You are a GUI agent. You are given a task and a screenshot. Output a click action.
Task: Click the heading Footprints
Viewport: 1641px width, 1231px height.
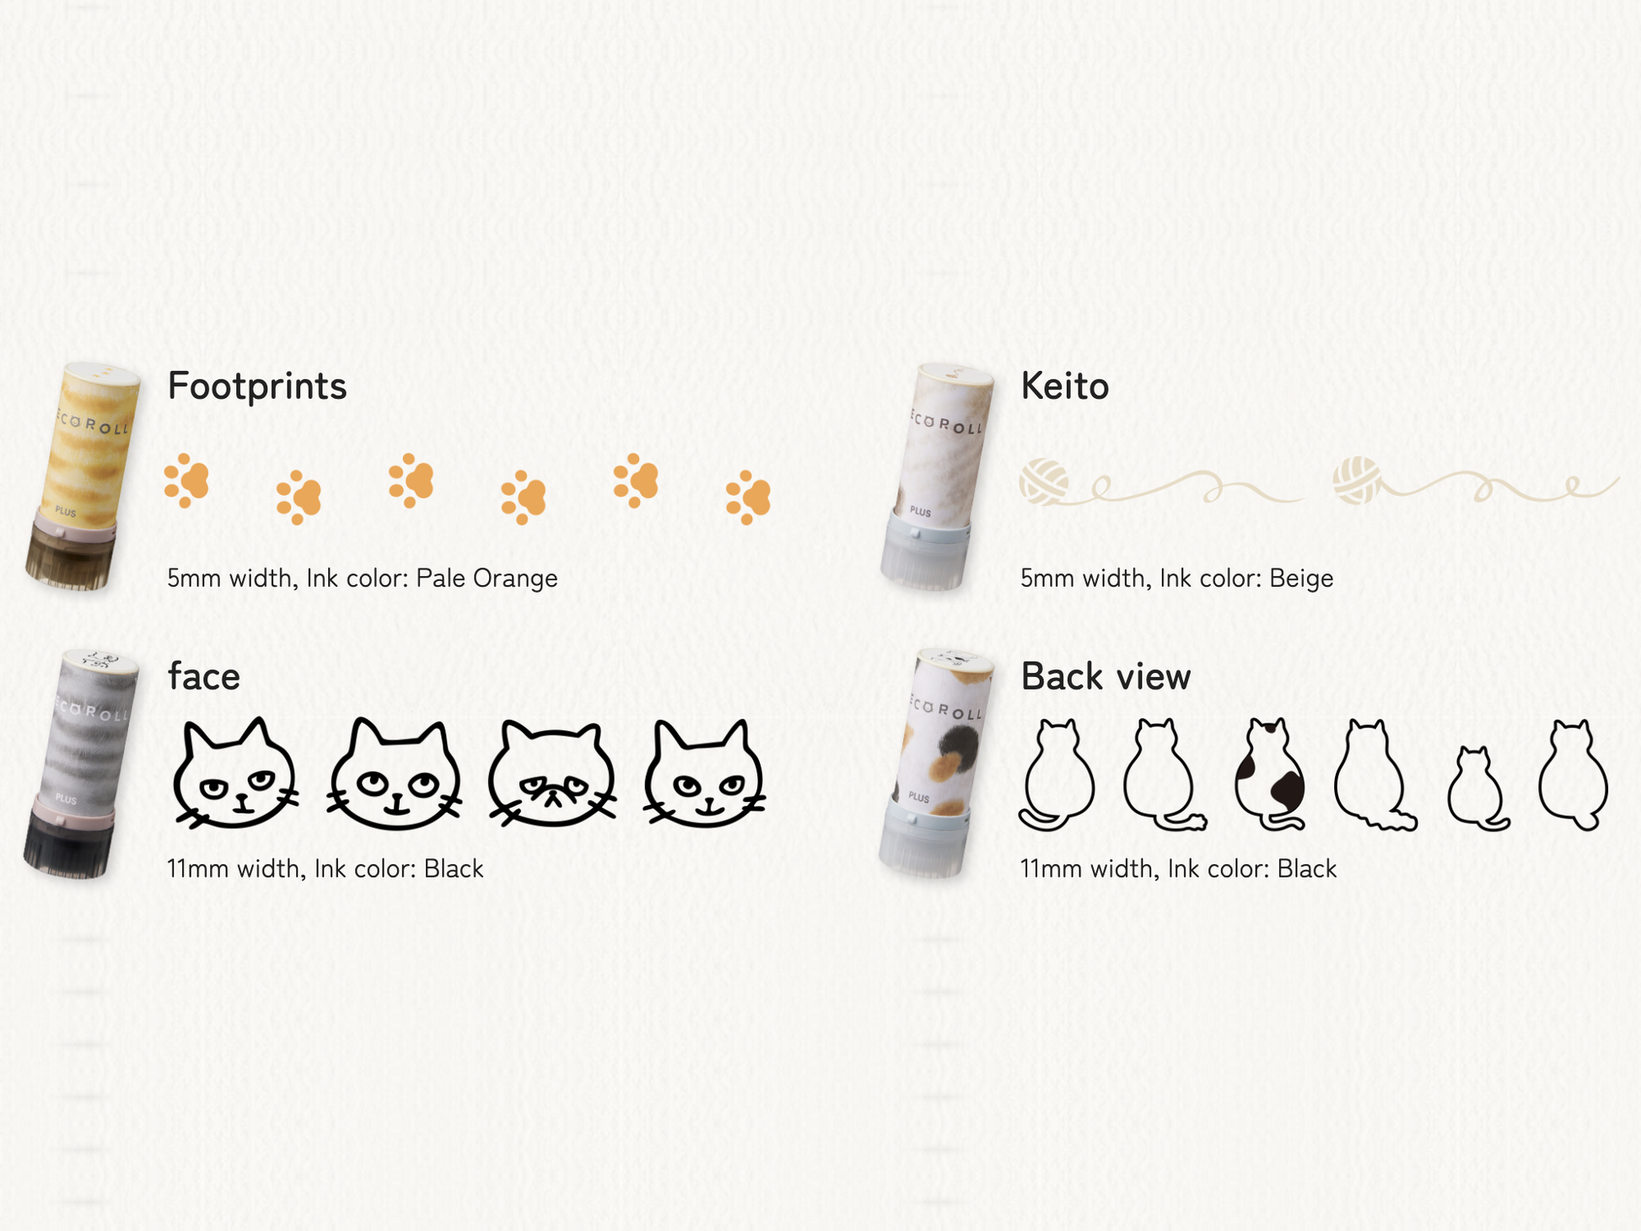[257, 386]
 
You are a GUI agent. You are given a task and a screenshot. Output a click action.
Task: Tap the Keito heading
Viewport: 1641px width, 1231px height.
[1064, 386]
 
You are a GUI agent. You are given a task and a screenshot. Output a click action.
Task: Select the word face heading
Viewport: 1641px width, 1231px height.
[203, 675]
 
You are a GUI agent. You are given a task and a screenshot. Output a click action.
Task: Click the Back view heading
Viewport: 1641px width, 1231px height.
[1106, 676]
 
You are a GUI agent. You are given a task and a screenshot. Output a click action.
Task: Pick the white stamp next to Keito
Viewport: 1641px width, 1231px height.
[939, 476]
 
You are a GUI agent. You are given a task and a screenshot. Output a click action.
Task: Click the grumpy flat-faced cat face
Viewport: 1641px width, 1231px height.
[552, 773]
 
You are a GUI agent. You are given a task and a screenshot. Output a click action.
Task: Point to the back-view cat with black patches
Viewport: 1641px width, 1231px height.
[1270, 774]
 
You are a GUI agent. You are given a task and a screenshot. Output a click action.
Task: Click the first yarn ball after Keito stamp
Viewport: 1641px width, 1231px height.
[1044, 482]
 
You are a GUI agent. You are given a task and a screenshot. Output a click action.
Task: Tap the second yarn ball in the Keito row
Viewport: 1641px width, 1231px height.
[1357, 481]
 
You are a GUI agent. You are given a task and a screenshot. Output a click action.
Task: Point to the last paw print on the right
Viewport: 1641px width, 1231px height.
[748, 497]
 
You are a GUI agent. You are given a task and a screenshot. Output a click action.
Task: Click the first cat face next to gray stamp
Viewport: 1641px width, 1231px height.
[235, 773]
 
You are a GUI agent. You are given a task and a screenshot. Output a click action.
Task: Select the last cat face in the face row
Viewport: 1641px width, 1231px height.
[704, 773]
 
